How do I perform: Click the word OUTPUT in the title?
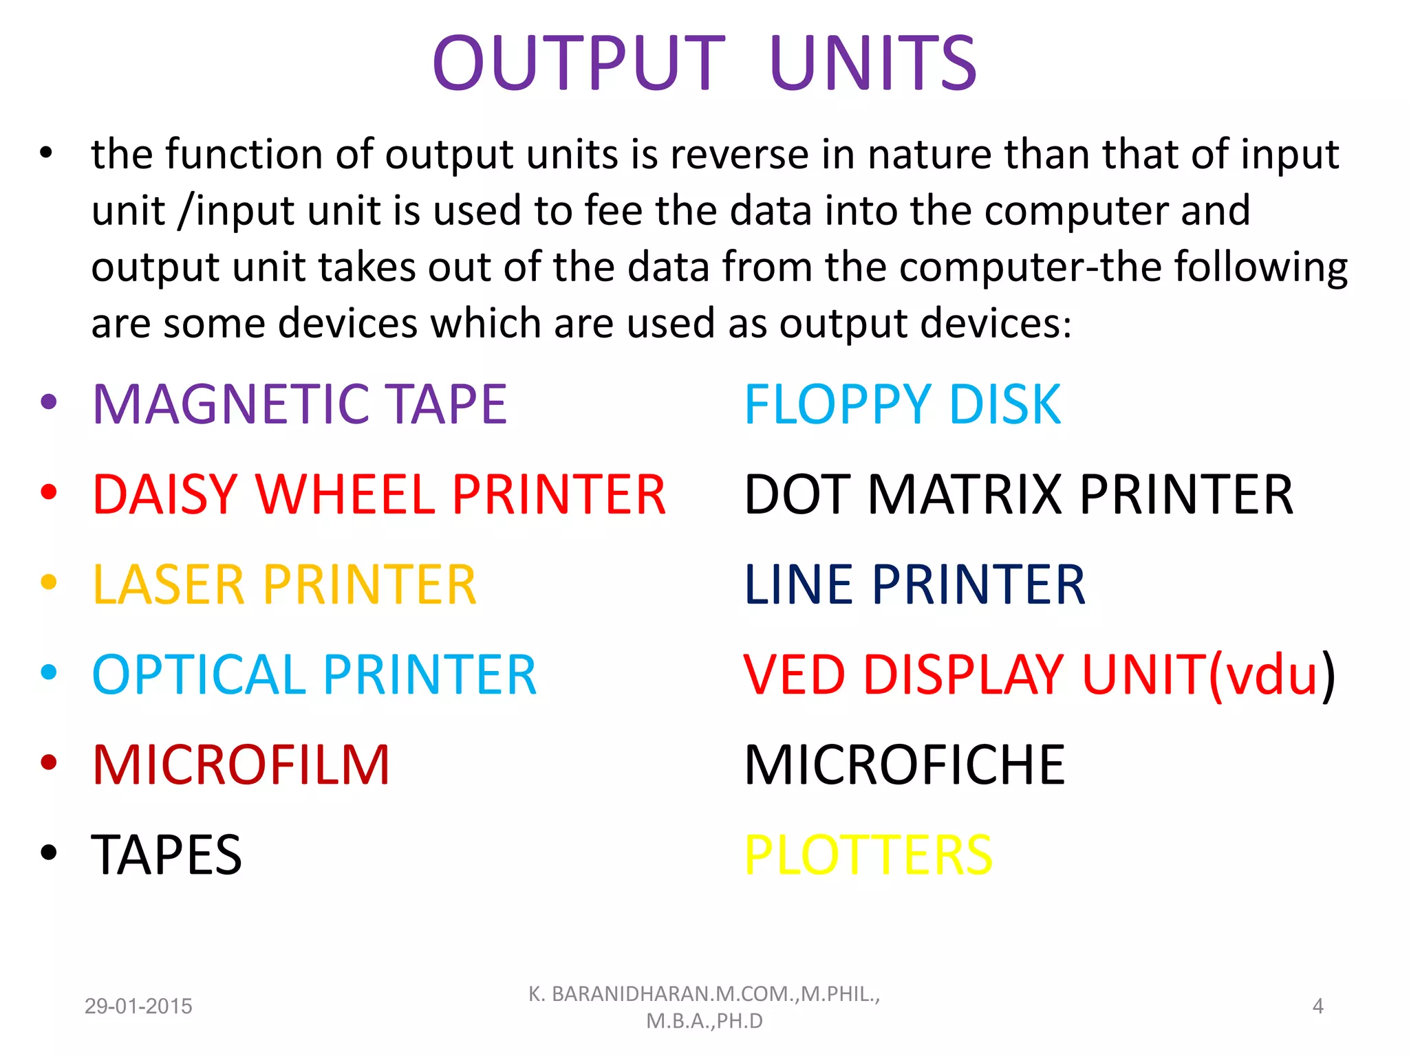[x=579, y=63]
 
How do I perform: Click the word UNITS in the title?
[x=872, y=63]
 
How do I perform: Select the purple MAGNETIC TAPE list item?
[x=299, y=404]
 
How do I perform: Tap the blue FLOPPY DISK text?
[x=902, y=404]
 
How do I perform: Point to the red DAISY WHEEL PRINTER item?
[x=378, y=494]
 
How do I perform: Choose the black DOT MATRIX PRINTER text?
[x=1018, y=494]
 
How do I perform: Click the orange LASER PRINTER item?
[x=284, y=584]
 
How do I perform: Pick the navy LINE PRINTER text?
[x=914, y=584]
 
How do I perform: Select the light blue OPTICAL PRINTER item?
[x=314, y=674]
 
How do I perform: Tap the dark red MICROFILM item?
[x=241, y=764]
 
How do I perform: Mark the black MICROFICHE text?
[x=904, y=764]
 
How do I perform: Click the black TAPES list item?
[x=166, y=855]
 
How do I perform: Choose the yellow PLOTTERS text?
[x=868, y=855]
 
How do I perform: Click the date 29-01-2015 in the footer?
[x=138, y=1006]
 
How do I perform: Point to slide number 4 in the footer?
[x=1317, y=1006]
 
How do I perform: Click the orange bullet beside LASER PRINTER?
[x=48, y=582]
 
